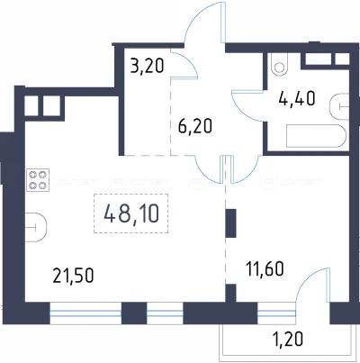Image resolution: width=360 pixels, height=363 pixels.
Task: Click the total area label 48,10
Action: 131,213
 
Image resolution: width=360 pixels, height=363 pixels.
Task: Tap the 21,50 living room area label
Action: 73,276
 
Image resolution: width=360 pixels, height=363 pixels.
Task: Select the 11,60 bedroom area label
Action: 265,268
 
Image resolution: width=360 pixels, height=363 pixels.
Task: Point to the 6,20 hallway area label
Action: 195,126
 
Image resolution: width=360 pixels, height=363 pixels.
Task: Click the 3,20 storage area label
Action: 148,66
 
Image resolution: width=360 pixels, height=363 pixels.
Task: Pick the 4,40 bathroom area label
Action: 297,98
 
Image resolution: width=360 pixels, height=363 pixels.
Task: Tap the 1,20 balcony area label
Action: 287,339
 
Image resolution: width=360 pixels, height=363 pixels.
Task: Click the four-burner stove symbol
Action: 38,180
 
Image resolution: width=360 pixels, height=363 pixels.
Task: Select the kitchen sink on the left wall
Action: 35,227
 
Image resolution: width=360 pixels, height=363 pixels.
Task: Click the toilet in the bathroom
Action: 279,64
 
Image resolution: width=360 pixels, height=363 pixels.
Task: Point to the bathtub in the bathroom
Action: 316,136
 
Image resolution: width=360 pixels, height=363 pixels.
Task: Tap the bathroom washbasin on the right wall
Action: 339,106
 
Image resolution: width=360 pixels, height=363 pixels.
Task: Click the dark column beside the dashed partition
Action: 231,223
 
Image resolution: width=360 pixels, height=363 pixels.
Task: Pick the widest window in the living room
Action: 85,313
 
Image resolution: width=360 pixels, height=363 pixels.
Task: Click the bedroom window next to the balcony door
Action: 276,313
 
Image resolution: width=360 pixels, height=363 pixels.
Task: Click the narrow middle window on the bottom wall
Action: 165,313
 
